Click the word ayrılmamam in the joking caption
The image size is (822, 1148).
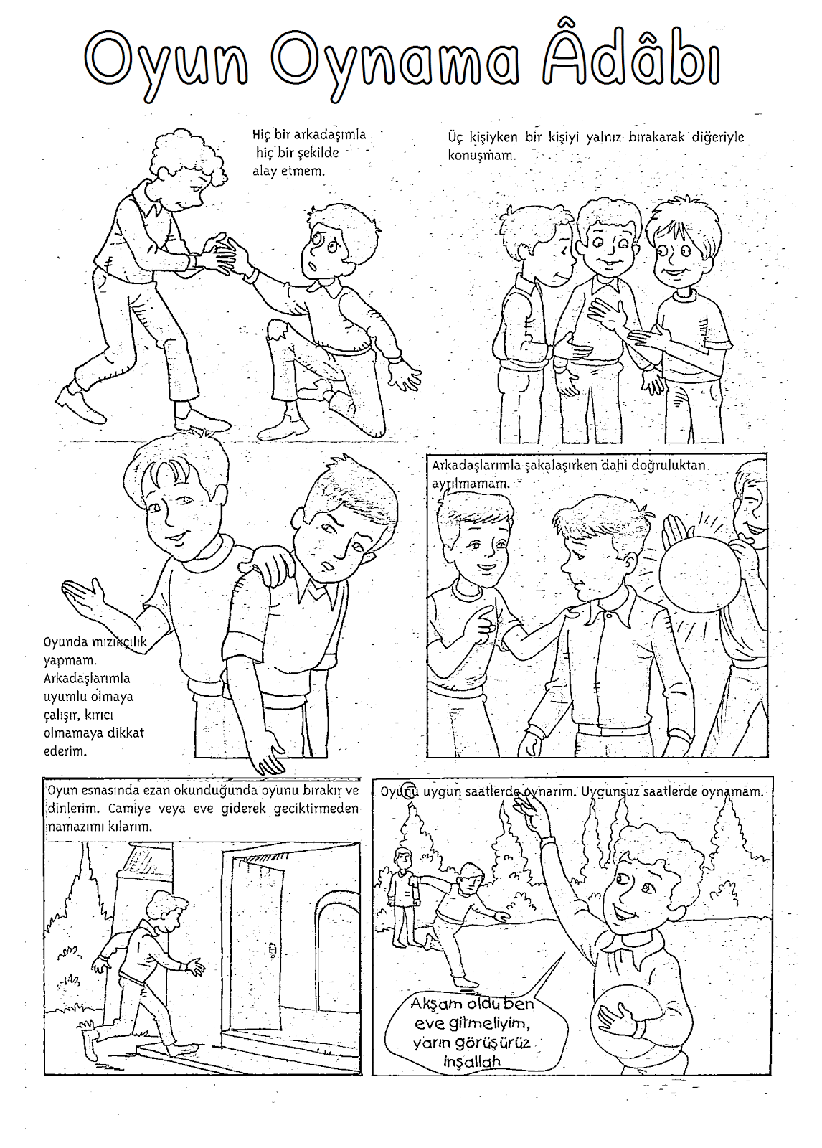tap(471, 484)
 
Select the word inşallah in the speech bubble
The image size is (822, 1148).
tap(472, 1061)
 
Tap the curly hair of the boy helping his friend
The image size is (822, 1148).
tap(189, 154)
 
